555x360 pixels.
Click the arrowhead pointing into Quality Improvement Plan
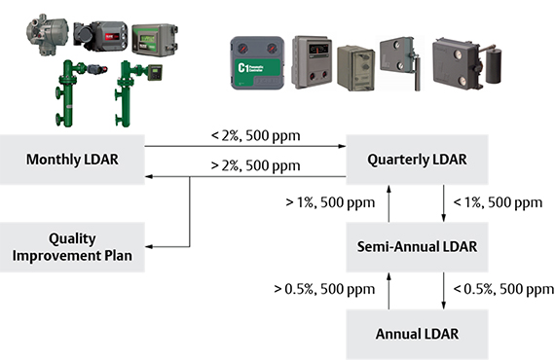(150, 246)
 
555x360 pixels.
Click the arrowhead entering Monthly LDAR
(148, 177)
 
